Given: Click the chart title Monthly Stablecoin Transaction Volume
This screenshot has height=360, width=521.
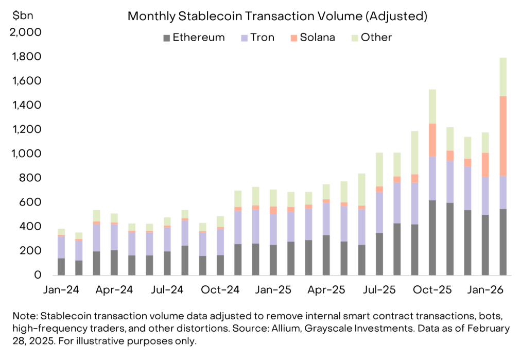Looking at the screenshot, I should pyautogui.click(x=277, y=16).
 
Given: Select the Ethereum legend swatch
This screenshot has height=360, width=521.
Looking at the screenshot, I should pyautogui.click(x=166, y=38).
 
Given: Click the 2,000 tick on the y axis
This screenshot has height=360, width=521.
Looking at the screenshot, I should pyautogui.click(x=26, y=32).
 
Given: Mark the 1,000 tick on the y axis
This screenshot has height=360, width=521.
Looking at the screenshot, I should pyautogui.click(x=26, y=153).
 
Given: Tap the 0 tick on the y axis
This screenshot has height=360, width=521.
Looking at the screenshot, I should pyautogui.click(x=37, y=275).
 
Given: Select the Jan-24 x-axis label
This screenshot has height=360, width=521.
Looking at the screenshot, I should pyautogui.click(x=61, y=290).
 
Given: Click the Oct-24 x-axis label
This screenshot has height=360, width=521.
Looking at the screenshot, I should pyautogui.click(x=220, y=290).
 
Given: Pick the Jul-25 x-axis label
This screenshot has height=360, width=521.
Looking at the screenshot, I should pyautogui.click(x=379, y=290).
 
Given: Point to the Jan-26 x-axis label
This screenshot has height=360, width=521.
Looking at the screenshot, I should pyautogui.click(x=485, y=290).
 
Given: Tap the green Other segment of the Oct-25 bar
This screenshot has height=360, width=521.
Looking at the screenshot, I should pyautogui.click(x=432, y=107).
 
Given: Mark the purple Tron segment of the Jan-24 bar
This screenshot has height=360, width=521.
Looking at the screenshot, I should pyautogui.click(x=61, y=247).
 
